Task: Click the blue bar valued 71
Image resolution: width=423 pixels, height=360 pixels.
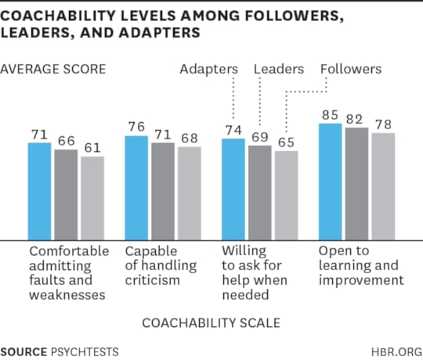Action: tap(39, 191)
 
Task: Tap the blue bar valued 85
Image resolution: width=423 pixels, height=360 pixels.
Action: tap(330, 181)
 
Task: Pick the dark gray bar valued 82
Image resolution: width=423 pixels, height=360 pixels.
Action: tap(356, 183)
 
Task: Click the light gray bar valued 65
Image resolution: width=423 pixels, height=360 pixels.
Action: tap(286, 195)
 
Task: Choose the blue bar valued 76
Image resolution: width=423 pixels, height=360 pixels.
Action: tap(136, 187)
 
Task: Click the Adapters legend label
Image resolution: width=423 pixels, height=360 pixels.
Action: tap(208, 69)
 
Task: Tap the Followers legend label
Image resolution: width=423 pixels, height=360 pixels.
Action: tap(351, 69)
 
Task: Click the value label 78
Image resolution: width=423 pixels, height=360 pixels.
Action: tap(382, 124)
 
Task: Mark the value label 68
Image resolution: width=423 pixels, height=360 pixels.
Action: tap(189, 138)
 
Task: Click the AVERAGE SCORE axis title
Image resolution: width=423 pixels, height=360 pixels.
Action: tap(53, 69)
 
